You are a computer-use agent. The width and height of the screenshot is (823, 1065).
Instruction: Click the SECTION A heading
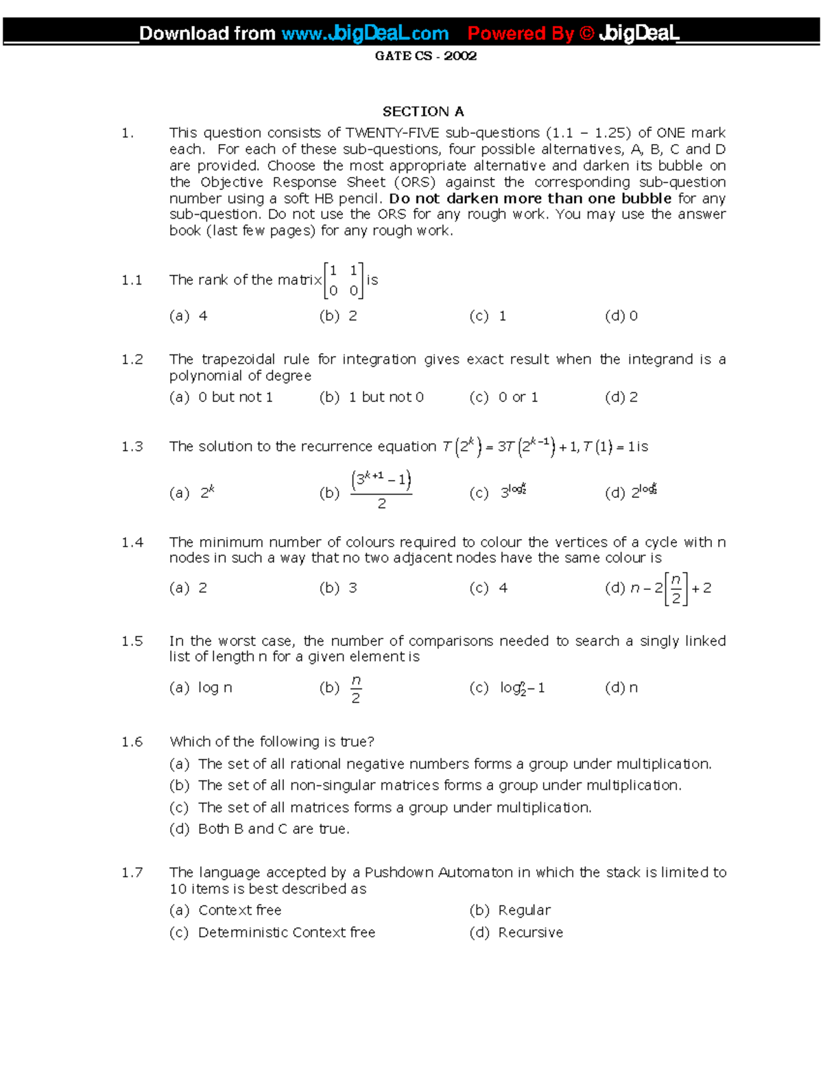click(x=422, y=111)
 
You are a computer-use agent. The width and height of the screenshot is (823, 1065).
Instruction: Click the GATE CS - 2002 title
click(x=425, y=56)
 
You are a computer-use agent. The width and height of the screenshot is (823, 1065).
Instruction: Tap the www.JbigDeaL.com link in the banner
click(x=365, y=33)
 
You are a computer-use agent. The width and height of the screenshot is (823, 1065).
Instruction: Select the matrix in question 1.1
click(x=344, y=280)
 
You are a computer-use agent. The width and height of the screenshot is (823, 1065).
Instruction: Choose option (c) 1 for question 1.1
click(x=488, y=316)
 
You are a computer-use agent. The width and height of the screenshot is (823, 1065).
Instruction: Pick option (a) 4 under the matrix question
click(x=189, y=316)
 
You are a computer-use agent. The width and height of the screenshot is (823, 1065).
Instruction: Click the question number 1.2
click(x=132, y=359)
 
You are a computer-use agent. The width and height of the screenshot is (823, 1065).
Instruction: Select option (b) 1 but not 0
click(x=371, y=397)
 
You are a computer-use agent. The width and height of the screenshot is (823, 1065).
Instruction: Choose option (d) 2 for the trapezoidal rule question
click(x=621, y=397)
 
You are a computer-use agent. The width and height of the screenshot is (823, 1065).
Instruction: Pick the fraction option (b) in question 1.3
click(x=379, y=490)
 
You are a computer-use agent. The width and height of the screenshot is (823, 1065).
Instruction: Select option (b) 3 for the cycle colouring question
click(x=338, y=588)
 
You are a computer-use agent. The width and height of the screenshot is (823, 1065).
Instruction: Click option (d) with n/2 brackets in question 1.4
click(x=658, y=588)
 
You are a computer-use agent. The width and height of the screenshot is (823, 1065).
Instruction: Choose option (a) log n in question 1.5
click(x=201, y=687)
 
